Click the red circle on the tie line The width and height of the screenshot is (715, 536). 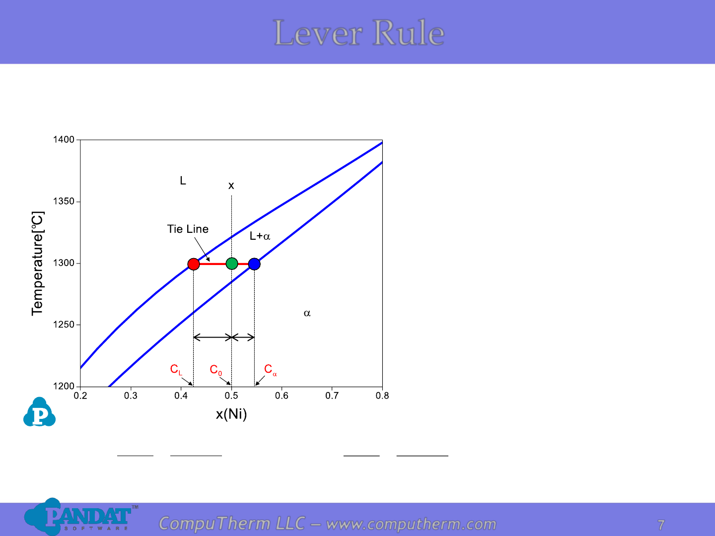click(194, 264)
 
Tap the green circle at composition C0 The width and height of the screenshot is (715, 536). click(231, 263)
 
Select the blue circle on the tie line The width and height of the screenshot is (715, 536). click(254, 264)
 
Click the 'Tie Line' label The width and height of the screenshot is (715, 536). click(188, 229)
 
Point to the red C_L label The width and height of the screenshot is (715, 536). click(176, 370)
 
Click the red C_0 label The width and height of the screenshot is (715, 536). click(215, 370)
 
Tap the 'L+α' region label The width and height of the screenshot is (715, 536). click(260, 236)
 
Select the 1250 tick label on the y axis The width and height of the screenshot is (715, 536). click(64, 325)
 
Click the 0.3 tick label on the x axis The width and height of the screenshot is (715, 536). click(131, 396)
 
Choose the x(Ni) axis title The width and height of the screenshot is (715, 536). click(231, 414)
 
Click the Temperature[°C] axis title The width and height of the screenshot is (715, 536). click(37, 264)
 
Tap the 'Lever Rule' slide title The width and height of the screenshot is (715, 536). click(359, 33)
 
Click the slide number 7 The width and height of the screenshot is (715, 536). click(661, 525)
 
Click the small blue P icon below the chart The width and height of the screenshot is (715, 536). click(39, 412)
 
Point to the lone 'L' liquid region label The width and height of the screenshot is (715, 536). click(183, 181)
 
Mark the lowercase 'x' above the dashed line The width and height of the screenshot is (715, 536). click(231, 186)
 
